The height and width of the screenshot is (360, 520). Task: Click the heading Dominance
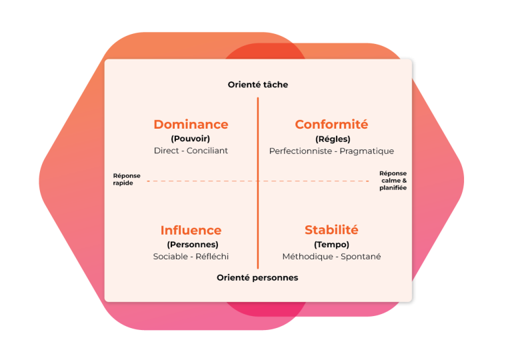(191, 124)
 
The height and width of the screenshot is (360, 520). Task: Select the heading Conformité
(331, 124)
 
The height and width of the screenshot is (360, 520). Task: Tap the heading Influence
(191, 230)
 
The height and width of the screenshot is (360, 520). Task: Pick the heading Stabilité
(331, 230)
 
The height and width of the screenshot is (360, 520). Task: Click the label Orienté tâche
(258, 85)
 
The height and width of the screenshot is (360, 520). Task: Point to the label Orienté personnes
(257, 277)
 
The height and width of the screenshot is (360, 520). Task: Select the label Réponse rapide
(127, 179)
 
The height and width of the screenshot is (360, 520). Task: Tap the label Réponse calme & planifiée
(393, 181)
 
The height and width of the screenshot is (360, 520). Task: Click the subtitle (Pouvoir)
(191, 139)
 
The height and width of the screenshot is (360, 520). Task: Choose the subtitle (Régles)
(333, 139)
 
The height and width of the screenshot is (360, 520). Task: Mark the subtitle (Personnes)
(193, 245)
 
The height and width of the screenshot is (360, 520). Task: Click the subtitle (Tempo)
(331, 245)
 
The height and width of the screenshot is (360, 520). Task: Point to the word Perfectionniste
(301, 151)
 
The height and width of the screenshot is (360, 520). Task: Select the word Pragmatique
(367, 151)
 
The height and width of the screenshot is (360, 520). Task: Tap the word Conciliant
(207, 151)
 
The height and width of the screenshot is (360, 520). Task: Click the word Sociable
(171, 256)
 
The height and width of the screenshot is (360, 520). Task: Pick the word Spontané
(361, 257)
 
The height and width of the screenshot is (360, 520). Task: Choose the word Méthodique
(308, 257)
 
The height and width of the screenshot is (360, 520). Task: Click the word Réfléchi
(212, 256)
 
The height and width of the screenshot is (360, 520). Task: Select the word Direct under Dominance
(167, 151)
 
